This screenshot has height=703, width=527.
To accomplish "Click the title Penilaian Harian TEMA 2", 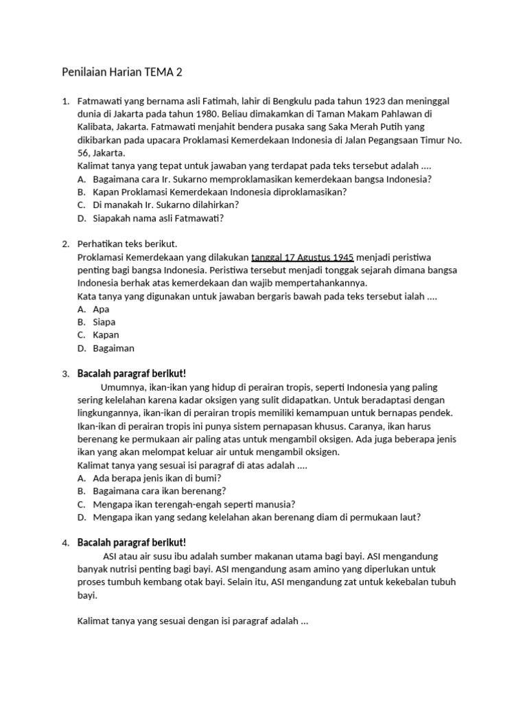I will click(x=122, y=72).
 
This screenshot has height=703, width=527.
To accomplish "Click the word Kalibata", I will click(x=99, y=128).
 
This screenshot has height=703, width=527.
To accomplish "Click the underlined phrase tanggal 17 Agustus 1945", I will click(x=303, y=257).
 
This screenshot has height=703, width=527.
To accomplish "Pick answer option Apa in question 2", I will click(x=101, y=309).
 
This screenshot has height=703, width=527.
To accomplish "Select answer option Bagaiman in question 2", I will click(x=113, y=348).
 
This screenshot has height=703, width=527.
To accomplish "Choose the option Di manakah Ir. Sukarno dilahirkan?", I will click(x=165, y=205).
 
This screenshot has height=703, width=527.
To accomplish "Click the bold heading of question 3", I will click(x=132, y=374).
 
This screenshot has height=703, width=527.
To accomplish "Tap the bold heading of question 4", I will click(x=132, y=543).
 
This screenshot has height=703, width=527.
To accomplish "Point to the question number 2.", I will click(x=65, y=244).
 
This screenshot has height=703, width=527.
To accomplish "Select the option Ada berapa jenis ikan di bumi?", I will click(x=157, y=479).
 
